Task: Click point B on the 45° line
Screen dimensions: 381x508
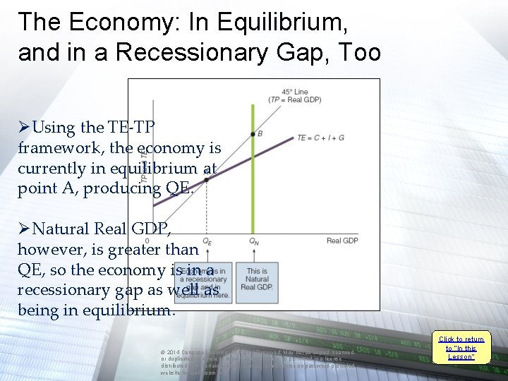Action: pyautogui.click(x=253, y=133)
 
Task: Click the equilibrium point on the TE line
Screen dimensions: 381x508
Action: pyautogui.click(x=206, y=180)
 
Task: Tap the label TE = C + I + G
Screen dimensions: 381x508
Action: pyautogui.click(x=321, y=138)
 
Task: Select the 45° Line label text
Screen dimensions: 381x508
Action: pyautogui.click(x=294, y=95)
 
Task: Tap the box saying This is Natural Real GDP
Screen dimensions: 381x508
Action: pyautogui.click(x=257, y=279)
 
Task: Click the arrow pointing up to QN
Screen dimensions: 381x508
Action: pyautogui.click(x=253, y=254)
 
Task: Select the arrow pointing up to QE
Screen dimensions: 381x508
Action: pyautogui.click(x=207, y=254)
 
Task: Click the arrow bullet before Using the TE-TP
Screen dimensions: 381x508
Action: pyautogui.click(x=24, y=128)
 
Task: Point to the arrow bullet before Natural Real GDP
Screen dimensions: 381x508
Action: pyautogui.click(x=24, y=229)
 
